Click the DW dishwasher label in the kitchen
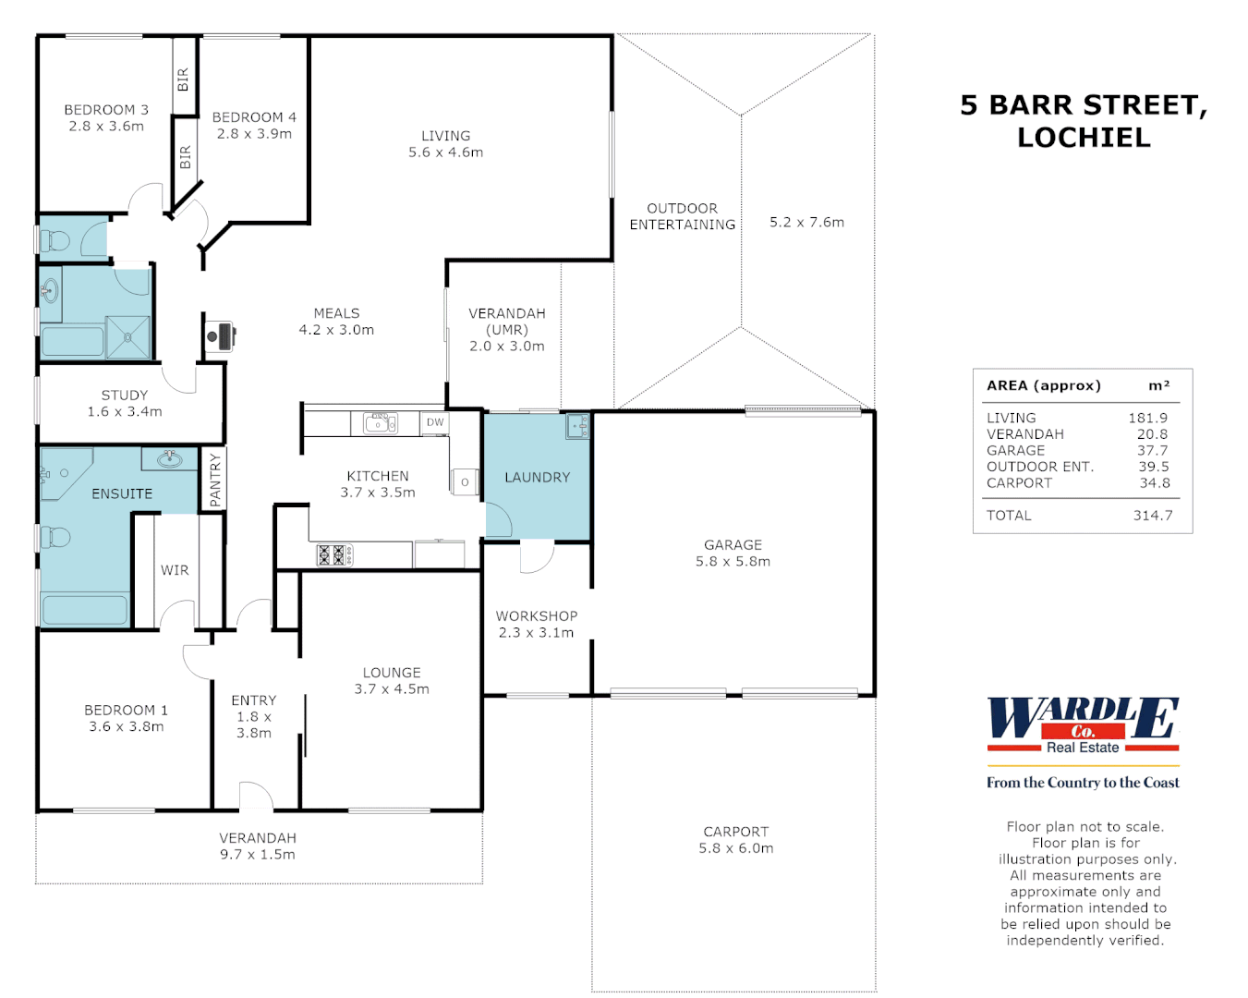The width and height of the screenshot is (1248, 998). pyautogui.click(x=435, y=422)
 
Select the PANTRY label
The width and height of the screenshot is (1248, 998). pyautogui.click(x=215, y=480)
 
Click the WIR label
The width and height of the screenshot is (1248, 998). pyautogui.click(x=175, y=570)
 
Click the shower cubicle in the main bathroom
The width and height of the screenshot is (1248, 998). pyautogui.click(x=127, y=337)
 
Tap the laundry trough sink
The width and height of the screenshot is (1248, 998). pyautogui.click(x=577, y=426)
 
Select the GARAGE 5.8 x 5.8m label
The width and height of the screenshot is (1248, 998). pyautogui.click(x=733, y=553)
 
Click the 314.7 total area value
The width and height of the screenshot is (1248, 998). pyautogui.click(x=1152, y=516)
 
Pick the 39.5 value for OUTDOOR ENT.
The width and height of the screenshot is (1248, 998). pyautogui.click(x=1153, y=467)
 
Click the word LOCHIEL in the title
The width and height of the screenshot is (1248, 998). pyautogui.click(x=1084, y=138)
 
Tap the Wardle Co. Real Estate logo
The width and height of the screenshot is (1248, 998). pyautogui.click(x=1083, y=725)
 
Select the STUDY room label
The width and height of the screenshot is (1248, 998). pyautogui.click(x=125, y=403)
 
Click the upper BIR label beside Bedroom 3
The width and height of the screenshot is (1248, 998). pyautogui.click(x=183, y=79)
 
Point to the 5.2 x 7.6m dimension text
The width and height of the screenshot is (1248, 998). pyautogui.click(x=806, y=222)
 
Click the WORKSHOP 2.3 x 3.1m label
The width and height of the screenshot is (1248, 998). pyautogui.click(x=536, y=624)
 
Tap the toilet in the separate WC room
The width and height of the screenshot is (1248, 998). pyautogui.click(x=55, y=241)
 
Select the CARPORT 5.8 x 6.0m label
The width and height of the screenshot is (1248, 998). pyautogui.click(x=735, y=839)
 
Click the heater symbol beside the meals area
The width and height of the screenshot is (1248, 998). pyautogui.click(x=222, y=335)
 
